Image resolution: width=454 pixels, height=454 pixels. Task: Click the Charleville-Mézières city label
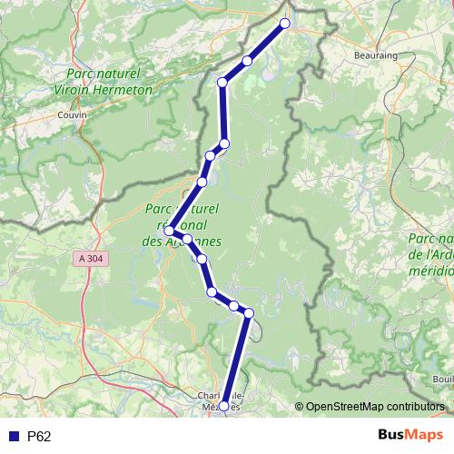coord(219,401)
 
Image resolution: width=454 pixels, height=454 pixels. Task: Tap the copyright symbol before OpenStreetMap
coord(300,408)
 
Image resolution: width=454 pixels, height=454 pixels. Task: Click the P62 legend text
coord(39,437)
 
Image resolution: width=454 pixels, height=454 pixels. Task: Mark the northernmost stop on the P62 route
coord(285,24)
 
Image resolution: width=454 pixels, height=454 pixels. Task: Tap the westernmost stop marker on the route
coord(169,232)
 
